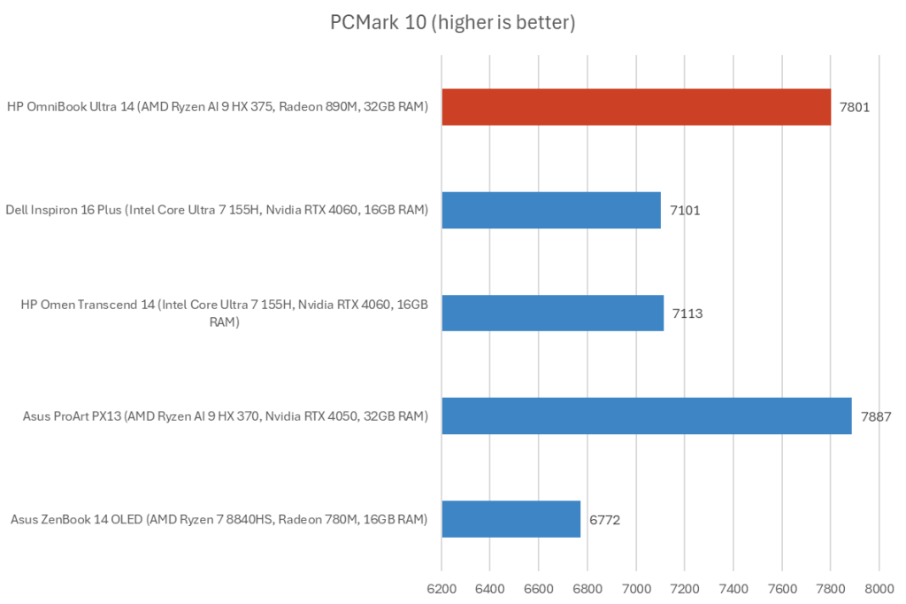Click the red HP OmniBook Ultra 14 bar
[x=636, y=107]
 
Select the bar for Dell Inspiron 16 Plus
[x=551, y=210]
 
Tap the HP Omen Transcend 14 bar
[x=552, y=313]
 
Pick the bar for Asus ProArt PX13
[x=646, y=415]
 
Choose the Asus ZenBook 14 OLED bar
[x=511, y=519]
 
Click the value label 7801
[x=855, y=107]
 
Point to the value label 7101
[x=685, y=210]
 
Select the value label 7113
[x=687, y=313]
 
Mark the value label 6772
[x=604, y=519]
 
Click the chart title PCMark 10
[x=453, y=22]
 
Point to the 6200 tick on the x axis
[x=441, y=588]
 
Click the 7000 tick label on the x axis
[x=636, y=588]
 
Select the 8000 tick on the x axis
[x=878, y=588]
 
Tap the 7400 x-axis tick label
[x=733, y=588]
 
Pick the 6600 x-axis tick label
[x=539, y=588]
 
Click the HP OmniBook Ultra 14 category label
[x=218, y=107]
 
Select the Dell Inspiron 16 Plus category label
[x=218, y=210]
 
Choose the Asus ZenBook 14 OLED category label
[x=218, y=519]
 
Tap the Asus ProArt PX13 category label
[x=218, y=415]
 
